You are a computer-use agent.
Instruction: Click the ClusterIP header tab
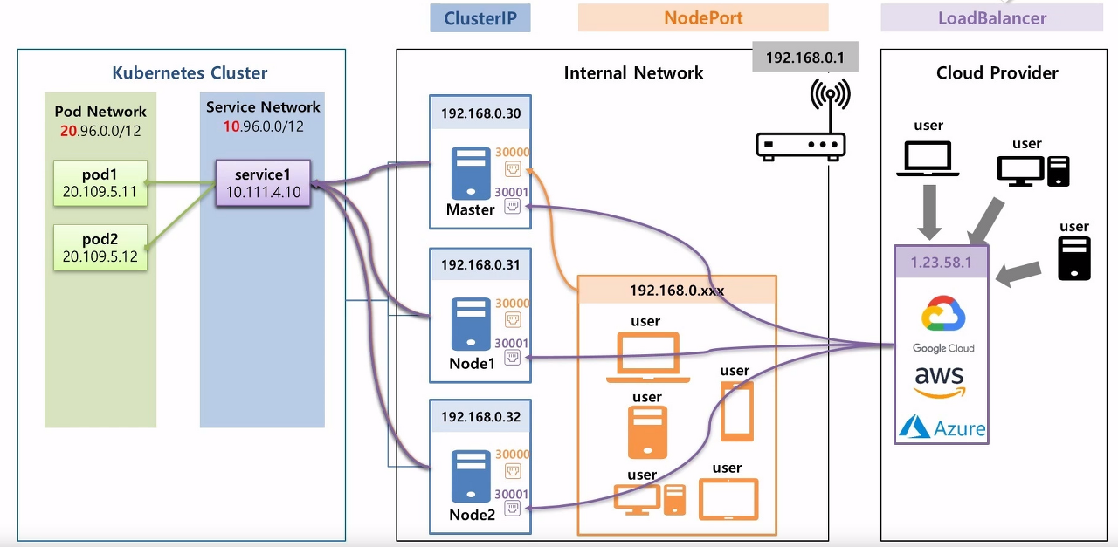click(480, 18)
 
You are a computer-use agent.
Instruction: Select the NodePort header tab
click(703, 18)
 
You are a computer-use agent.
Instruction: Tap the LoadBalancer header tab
click(991, 18)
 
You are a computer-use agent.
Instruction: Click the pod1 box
click(100, 182)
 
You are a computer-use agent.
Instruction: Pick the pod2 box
click(100, 248)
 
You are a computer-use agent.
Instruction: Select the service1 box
click(263, 182)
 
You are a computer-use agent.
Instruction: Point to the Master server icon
click(470, 174)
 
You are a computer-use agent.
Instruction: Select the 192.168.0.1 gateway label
click(804, 58)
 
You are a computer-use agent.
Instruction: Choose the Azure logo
click(942, 427)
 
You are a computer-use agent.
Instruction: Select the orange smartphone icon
click(737, 412)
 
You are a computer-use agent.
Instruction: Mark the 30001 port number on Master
click(512, 191)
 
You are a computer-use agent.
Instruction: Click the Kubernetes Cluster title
click(190, 73)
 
